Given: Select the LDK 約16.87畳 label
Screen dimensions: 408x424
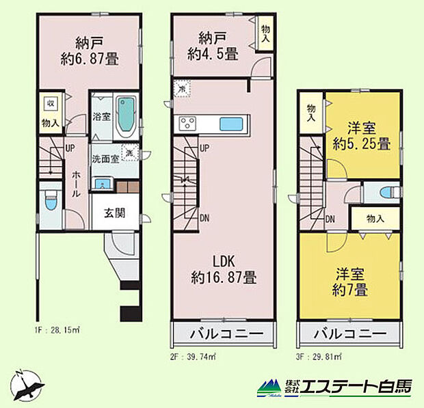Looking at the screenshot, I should click(x=224, y=269).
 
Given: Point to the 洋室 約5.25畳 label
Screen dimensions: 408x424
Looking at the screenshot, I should click(x=362, y=136).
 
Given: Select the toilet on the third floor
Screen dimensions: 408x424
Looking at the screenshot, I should click(x=380, y=193).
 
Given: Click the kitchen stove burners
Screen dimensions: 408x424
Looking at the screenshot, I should click(x=188, y=124).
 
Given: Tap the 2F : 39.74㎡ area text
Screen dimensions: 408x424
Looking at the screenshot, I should click(x=194, y=356).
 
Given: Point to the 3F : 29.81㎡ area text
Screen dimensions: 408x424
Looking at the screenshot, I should click(x=319, y=356).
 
